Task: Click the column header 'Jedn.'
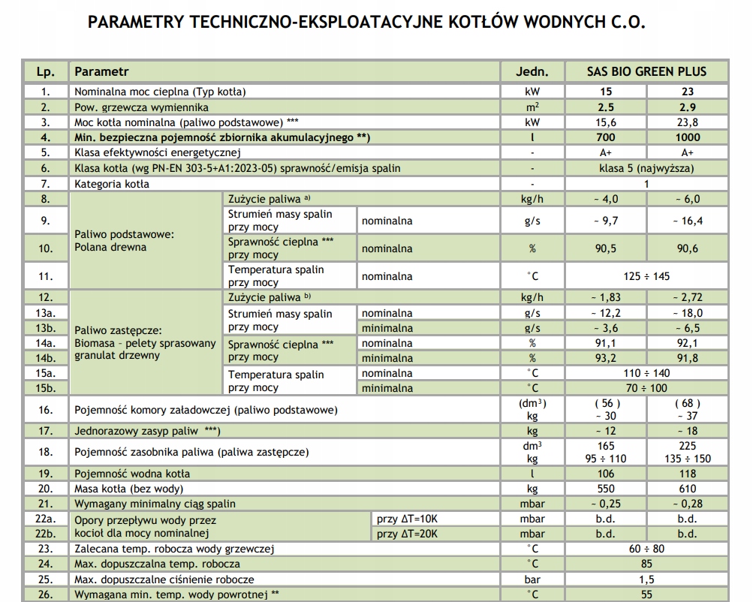(x=532, y=72)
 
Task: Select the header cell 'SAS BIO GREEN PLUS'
(x=646, y=72)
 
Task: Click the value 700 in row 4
(x=605, y=137)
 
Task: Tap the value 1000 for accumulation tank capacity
(x=688, y=137)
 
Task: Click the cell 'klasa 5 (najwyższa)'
(x=646, y=168)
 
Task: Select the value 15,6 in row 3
(x=605, y=122)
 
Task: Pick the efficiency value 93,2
(x=605, y=358)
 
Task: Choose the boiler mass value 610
(x=688, y=489)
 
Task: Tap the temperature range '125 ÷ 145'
(x=646, y=276)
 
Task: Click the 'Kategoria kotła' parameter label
(x=112, y=183)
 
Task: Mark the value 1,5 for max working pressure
(x=646, y=579)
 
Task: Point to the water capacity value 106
(x=605, y=474)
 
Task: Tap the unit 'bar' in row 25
(x=532, y=579)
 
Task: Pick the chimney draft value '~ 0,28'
(x=688, y=504)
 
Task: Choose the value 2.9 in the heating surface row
(x=688, y=107)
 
